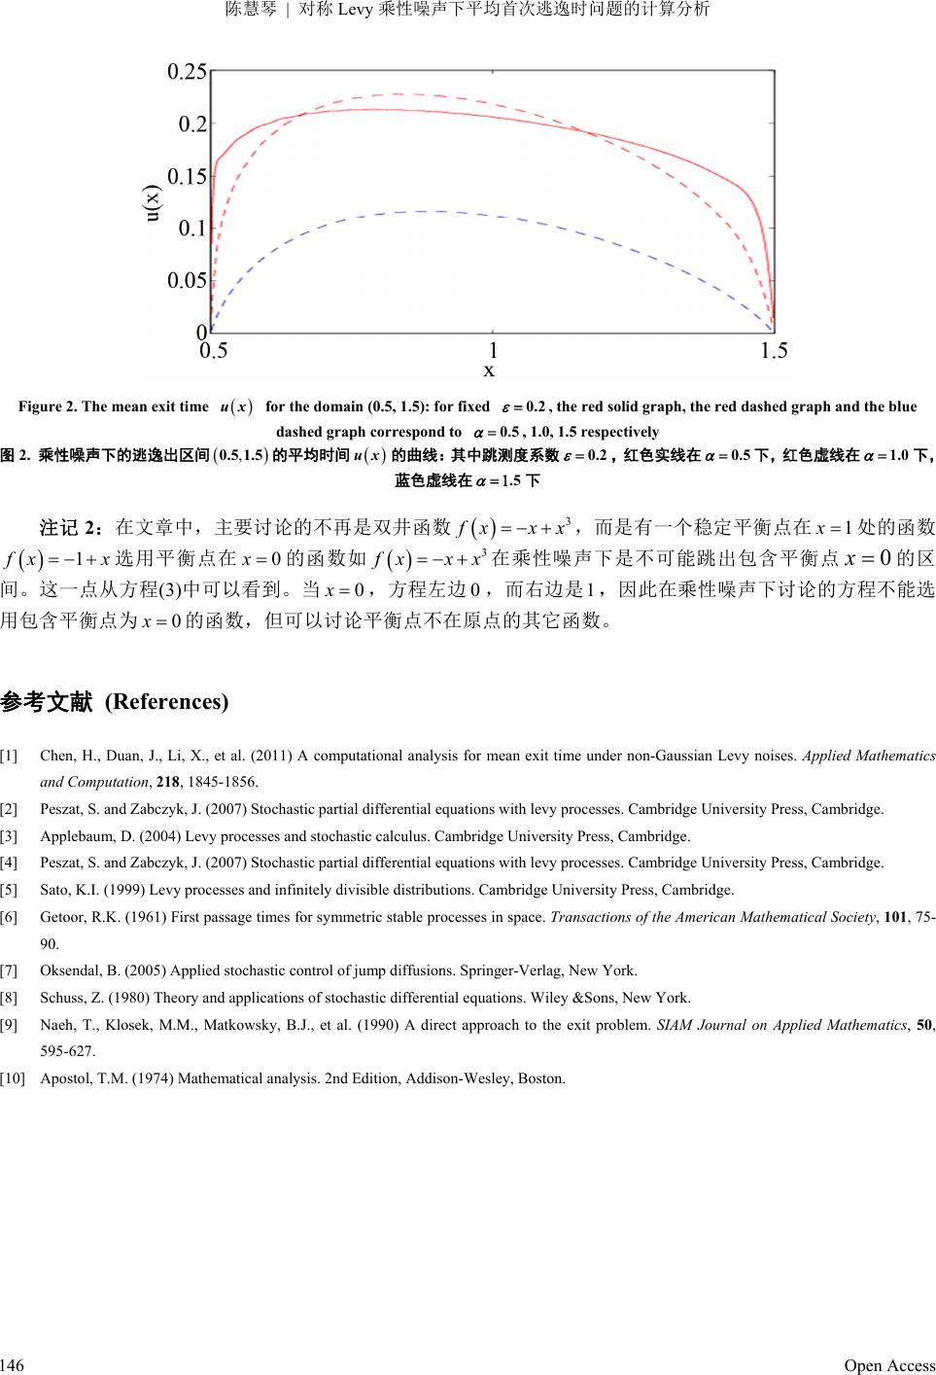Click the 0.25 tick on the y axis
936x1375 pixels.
click(x=187, y=71)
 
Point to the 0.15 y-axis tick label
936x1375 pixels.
click(x=187, y=176)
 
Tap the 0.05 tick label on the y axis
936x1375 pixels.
click(x=187, y=281)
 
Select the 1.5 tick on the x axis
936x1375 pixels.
click(x=774, y=350)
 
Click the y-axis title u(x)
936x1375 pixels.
click(x=154, y=203)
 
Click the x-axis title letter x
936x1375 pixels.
click(x=490, y=370)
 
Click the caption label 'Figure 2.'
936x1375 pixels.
click(x=49, y=406)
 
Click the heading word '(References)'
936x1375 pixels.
click(x=166, y=702)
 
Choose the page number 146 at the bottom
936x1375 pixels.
click(x=12, y=1365)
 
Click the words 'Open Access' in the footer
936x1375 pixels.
click(x=889, y=1365)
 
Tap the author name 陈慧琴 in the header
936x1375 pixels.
click(x=248, y=10)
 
